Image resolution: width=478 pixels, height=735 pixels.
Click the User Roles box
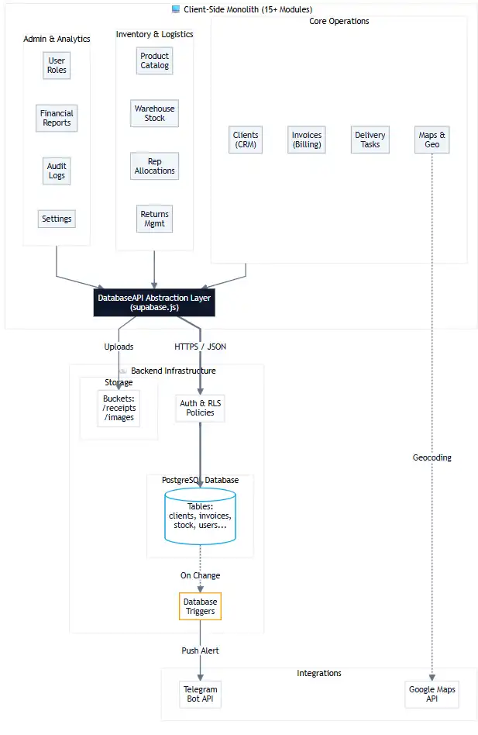click(x=57, y=65)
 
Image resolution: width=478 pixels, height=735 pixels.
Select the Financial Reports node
click(x=57, y=118)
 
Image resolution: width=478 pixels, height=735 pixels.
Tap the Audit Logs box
click(x=57, y=171)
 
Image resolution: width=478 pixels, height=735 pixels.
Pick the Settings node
click(x=57, y=219)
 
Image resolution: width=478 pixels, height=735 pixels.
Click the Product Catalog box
click(x=154, y=60)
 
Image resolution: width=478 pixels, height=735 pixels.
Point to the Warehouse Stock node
click(x=154, y=113)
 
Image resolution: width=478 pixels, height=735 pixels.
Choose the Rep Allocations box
click(x=154, y=166)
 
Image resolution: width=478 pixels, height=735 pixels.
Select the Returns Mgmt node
click(x=154, y=219)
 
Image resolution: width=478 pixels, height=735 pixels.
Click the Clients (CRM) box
click(x=246, y=140)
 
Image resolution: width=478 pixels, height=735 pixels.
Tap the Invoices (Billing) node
click(x=307, y=140)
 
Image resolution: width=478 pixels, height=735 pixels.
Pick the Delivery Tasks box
click(x=370, y=140)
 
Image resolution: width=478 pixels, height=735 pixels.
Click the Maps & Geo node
click(x=432, y=140)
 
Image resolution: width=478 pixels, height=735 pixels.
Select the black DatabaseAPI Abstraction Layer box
click(x=154, y=302)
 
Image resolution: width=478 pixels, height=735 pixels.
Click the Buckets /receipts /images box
click(x=119, y=408)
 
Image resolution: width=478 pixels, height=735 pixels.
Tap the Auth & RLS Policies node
click(x=201, y=408)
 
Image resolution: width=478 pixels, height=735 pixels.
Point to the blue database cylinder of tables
click(x=201, y=516)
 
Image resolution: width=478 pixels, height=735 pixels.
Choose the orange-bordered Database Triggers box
click(x=200, y=606)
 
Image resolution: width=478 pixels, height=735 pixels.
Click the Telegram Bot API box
click(x=200, y=694)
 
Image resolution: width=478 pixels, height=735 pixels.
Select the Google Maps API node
click(x=432, y=694)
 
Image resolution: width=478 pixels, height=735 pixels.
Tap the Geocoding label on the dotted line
click(x=432, y=457)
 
